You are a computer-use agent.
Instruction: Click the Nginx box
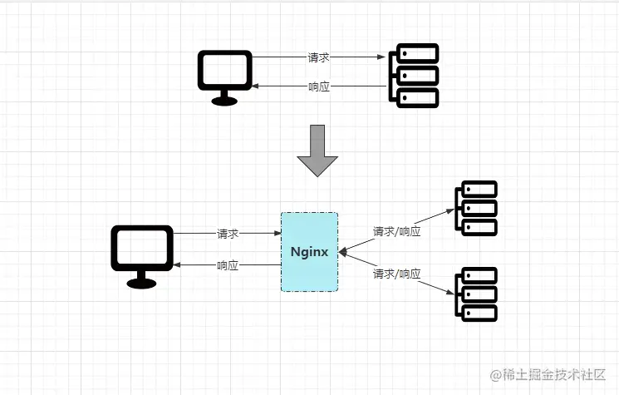pos(309,251)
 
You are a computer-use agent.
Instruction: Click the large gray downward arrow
pos(317,150)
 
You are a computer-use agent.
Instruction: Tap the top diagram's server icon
pos(413,76)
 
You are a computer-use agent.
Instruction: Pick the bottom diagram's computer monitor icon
pos(142,249)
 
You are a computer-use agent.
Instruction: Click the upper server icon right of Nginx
pos(475,208)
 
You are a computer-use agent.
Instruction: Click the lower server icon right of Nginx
pos(475,294)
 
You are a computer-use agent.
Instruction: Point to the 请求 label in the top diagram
pos(319,57)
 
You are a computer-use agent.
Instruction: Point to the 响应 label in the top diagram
pos(319,86)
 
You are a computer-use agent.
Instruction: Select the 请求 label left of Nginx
pos(228,234)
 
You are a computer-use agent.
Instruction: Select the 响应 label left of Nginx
pos(228,265)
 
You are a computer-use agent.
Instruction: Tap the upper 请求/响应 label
pos(396,231)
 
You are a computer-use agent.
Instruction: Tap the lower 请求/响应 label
pos(396,274)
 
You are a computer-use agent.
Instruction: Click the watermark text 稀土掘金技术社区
pos(548,375)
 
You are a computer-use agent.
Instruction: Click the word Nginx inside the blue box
pos(309,251)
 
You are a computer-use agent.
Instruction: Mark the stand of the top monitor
pos(224,99)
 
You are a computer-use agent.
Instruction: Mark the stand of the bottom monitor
pos(142,280)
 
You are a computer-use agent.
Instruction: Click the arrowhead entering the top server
pos(382,57)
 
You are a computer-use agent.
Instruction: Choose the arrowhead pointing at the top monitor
pos(258,86)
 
